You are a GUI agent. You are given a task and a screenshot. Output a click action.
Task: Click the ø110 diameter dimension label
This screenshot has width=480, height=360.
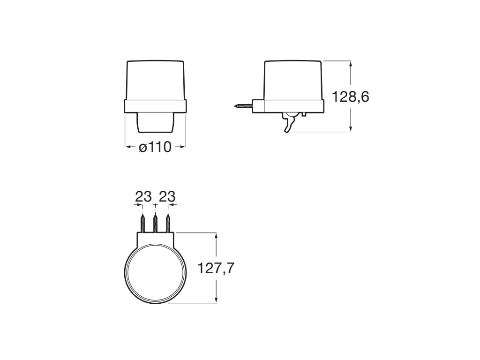[x=155, y=147]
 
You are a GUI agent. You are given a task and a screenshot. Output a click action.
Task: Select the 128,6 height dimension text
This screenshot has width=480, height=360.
[x=350, y=97]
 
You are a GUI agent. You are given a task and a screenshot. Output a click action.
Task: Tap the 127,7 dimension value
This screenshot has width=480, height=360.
[x=216, y=269]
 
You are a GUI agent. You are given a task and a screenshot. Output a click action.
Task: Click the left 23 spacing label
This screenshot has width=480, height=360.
[x=143, y=197]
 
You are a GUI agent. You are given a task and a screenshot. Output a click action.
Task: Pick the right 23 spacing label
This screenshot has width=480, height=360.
[x=167, y=197]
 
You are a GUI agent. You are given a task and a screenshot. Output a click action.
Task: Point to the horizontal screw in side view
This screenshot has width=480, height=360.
[x=243, y=106]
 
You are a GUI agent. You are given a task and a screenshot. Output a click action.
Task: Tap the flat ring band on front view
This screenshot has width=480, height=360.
[x=155, y=106]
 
